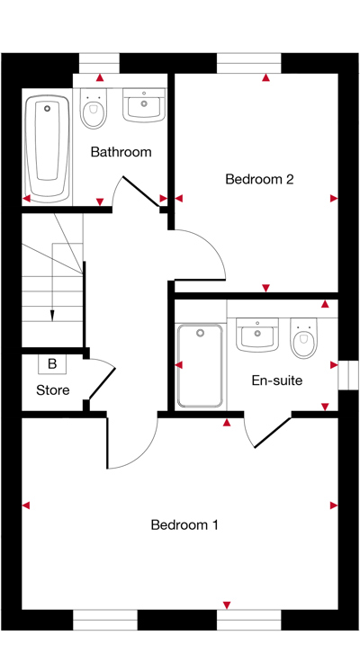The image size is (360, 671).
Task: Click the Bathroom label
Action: (121, 152)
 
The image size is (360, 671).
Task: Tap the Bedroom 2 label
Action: (259, 179)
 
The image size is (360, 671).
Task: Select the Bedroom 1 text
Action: (184, 524)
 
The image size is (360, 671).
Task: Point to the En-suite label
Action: (276, 380)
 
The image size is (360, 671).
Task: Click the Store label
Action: (53, 390)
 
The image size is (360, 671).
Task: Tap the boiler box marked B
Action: (52, 364)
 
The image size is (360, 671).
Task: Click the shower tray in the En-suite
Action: (200, 365)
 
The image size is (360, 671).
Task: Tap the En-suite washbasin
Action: (256, 335)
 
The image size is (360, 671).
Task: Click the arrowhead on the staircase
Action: (51, 315)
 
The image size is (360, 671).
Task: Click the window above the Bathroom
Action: (99, 63)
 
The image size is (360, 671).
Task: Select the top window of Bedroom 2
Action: (249, 63)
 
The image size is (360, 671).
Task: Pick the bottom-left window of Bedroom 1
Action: (105, 620)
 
